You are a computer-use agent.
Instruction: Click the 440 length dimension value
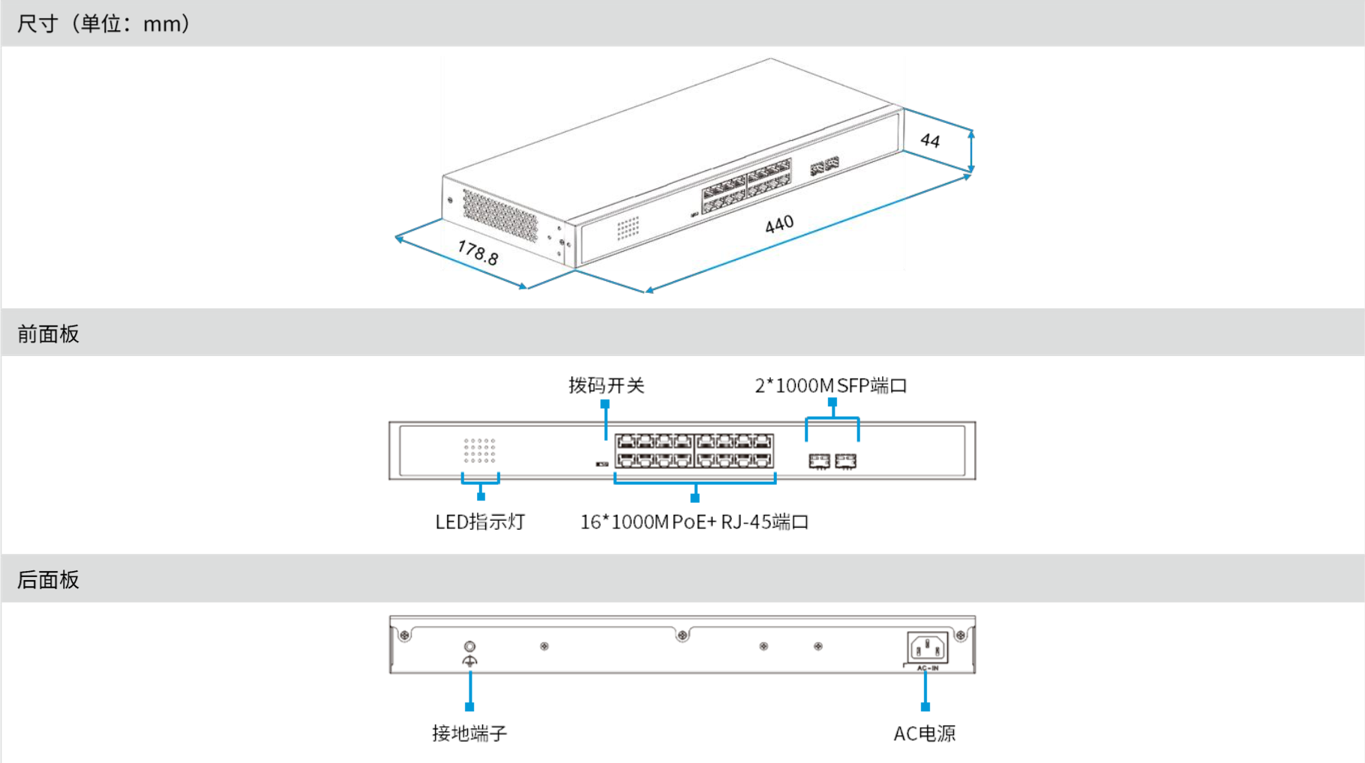pos(779,224)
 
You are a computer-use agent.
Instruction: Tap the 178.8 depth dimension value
pos(478,253)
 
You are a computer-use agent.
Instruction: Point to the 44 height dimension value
pos(930,140)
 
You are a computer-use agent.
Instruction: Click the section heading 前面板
pos(48,334)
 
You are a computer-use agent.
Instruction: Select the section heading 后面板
pos(48,579)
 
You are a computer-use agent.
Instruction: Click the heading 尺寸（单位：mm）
pos(103,23)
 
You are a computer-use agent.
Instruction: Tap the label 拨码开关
pos(606,385)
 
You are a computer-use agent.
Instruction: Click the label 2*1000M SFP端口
pos(830,385)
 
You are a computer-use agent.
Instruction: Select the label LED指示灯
pos(480,522)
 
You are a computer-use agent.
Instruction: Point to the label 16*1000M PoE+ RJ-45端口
pos(694,522)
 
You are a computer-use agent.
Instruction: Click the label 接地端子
pos(469,733)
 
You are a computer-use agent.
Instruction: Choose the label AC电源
pos(924,733)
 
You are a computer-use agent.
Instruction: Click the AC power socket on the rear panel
pos(928,648)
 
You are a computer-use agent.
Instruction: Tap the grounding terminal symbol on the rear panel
pos(469,654)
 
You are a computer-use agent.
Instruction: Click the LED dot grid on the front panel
pos(480,450)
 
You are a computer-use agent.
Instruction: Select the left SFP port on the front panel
pos(819,461)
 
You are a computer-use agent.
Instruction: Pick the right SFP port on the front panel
pos(845,461)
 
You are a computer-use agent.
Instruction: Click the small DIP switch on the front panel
pos(601,465)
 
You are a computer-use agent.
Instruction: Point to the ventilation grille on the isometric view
pos(499,216)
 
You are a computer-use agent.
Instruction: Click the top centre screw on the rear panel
pos(682,636)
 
